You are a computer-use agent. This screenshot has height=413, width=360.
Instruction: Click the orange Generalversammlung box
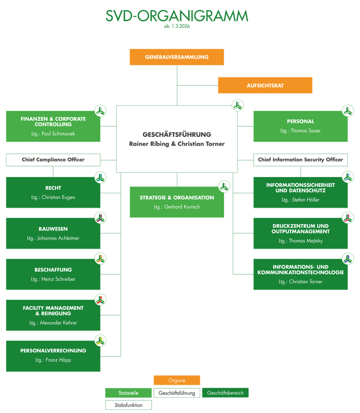click(x=176, y=57)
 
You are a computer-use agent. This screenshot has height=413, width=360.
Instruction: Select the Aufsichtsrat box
click(x=265, y=85)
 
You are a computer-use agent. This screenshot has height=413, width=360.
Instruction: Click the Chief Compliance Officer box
click(x=53, y=159)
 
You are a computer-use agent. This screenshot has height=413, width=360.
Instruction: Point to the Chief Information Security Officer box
click(x=300, y=159)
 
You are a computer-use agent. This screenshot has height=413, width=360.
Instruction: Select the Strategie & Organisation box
click(x=176, y=202)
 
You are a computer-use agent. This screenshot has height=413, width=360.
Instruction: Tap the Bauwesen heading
click(x=53, y=229)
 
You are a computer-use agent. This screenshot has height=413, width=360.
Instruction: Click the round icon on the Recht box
click(x=100, y=177)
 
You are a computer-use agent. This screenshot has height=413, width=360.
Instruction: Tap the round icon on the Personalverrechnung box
click(x=100, y=340)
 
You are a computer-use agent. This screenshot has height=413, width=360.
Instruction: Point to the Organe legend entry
click(x=177, y=380)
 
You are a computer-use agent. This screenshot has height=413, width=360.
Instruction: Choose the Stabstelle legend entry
click(x=128, y=393)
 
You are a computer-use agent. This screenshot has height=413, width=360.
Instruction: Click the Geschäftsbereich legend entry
click(x=225, y=393)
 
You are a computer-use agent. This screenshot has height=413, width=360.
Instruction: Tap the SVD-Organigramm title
click(x=177, y=16)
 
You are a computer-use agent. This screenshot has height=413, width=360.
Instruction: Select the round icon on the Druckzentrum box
click(x=347, y=218)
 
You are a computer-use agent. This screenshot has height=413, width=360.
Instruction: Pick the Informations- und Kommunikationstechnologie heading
click(x=301, y=269)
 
